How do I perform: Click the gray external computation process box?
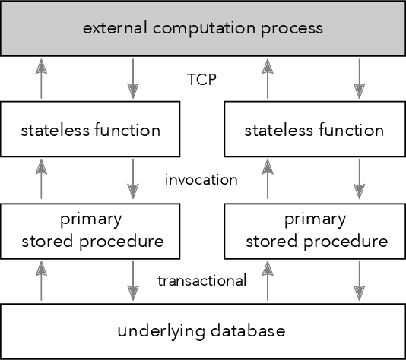203,28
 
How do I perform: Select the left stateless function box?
91,129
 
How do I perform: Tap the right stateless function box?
315,129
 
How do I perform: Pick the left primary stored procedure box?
91,231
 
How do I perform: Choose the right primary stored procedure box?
315,231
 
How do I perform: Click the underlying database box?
203,331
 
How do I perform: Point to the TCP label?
202,78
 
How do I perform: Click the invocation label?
201,180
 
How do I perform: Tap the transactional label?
201,280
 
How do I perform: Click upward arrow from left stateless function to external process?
41,79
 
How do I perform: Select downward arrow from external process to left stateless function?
134,79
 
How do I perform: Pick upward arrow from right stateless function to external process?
268,79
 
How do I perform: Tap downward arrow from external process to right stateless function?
357,79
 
